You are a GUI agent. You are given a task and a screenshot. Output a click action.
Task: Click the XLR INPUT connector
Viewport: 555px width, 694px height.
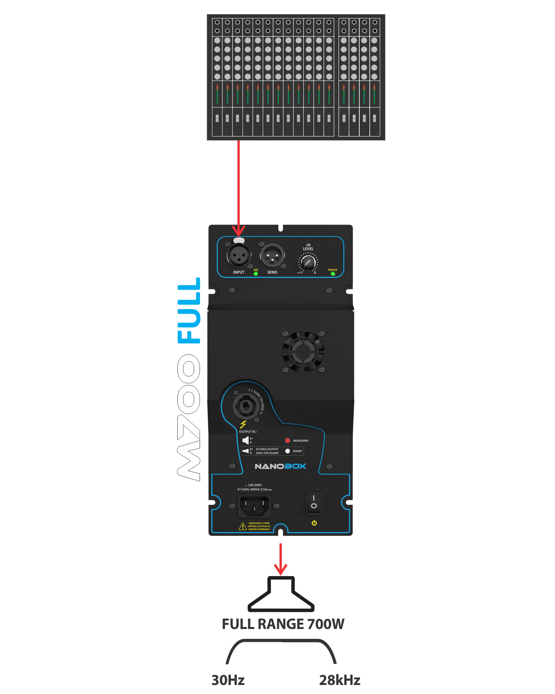coord(239,256)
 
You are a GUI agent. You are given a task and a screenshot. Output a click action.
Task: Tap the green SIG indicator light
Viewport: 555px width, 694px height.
coord(256,273)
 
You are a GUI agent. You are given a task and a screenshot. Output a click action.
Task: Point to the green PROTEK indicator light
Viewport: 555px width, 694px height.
coord(333,274)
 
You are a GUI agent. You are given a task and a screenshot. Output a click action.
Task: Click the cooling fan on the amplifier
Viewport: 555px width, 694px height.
coord(303,351)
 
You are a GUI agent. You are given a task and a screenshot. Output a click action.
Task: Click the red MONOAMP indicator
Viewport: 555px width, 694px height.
coord(288,441)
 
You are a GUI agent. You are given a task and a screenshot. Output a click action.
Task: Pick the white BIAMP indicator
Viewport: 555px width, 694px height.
coord(288,451)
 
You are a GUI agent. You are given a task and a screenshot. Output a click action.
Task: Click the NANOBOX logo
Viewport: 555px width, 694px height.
coord(280,466)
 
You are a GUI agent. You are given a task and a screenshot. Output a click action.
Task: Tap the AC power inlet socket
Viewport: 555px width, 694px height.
coord(254,506)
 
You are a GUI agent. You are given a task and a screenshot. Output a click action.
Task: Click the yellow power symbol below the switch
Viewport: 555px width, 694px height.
coord(314,523)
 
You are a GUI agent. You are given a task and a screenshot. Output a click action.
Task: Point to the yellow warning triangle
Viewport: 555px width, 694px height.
coord(243,526)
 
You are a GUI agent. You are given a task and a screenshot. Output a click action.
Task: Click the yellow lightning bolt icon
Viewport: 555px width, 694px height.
coord(243,425)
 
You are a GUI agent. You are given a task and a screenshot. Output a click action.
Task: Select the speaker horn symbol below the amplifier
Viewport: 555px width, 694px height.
coord(281,595)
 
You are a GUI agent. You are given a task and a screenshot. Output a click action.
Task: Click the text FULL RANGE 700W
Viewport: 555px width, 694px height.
coord(283,624)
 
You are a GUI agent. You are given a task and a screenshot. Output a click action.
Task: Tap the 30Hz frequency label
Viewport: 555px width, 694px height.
coord(228,680)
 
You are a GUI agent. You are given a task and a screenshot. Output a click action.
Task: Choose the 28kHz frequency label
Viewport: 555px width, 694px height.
coord(339,680)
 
